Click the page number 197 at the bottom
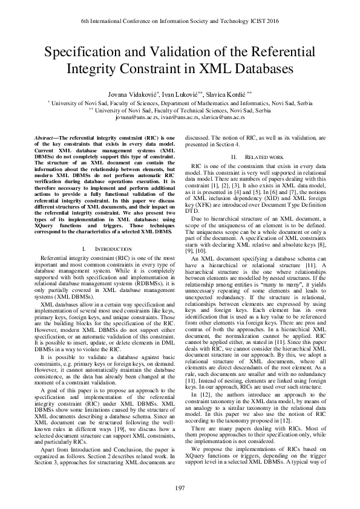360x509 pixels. pyautogui.click(x=180, y=488)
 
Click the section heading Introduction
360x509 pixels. pyautogui.click(x=114, y=249)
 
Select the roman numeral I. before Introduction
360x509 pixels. pyautogui.click(x=82, y=249)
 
